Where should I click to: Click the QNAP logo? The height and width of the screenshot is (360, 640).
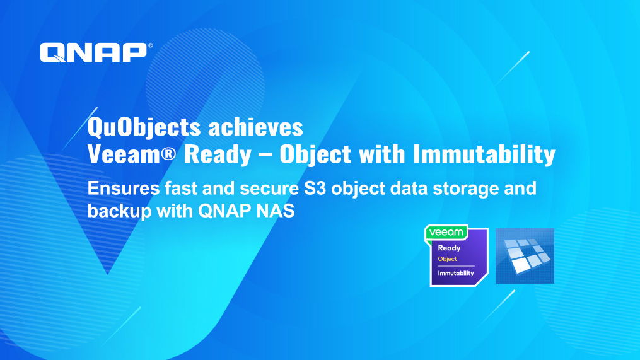(x=93, y=52)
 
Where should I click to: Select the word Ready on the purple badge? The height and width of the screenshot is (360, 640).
(x=449, y=248)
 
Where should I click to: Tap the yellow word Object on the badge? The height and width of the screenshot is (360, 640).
(x=447, y=259)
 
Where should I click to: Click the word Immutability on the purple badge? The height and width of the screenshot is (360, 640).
(x=456, y=273)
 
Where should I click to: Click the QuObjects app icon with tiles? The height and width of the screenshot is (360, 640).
(x=525, y=256)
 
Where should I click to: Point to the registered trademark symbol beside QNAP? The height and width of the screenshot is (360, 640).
(x=150, y=45)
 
